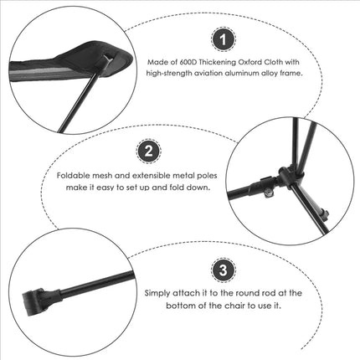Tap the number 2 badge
148,151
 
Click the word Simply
160,294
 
